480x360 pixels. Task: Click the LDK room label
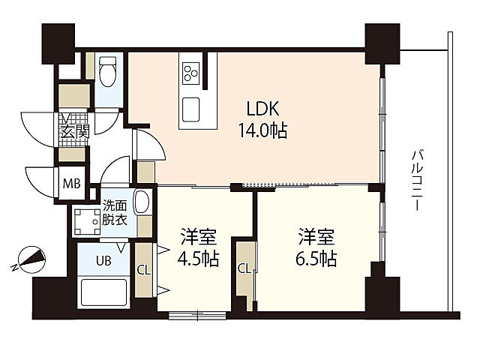tap(262, 109)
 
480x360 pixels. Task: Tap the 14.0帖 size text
tap(262, 130)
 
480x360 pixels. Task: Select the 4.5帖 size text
tap(198, 259)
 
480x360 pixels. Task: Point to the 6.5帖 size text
tap(316, 259)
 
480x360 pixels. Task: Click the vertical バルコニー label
tap(417, 180)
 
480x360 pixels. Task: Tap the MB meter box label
tap(72, 184)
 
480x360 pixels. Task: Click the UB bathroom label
tap(103, 261)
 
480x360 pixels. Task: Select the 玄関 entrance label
tap(75, 132)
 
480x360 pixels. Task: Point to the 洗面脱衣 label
tap(114, 213)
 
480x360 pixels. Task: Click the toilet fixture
tap(107, 71)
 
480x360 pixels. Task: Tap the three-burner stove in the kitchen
tap(190, 73)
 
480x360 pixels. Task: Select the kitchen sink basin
tap(190, 109)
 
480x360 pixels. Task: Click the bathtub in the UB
tap(103, 292)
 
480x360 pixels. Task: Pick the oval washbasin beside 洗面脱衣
tap(142, 202)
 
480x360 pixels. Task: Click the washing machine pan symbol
tap(87, 222)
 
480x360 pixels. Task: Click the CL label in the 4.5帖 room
tap(143, 270)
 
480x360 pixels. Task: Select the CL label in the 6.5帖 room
tap(244, 268)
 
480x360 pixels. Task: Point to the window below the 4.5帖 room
tap(198, 315)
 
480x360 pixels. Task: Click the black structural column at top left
tap(58, 43)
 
